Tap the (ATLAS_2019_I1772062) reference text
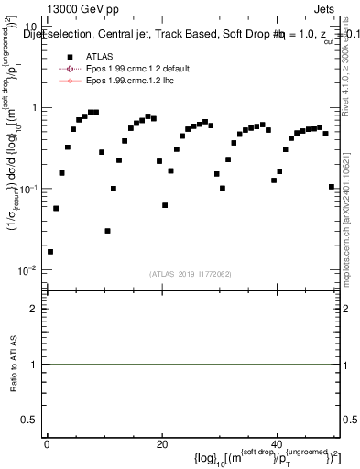coord(192,273)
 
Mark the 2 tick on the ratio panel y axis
coord(34,309)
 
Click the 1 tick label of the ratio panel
coord(34,365)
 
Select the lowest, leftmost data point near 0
coord(49,251)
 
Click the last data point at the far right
coord(331,187)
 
